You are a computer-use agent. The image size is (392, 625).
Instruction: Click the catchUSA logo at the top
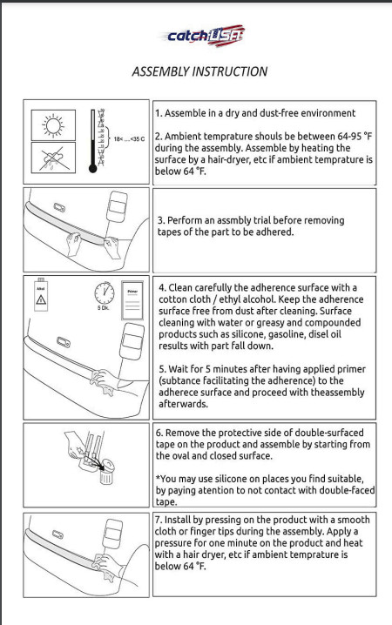203,36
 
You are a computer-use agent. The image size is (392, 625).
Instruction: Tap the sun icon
53,125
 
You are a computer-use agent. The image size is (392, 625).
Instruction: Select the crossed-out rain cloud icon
53,158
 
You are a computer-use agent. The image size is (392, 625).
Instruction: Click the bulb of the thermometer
93,169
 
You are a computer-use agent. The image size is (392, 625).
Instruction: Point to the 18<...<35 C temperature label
129,139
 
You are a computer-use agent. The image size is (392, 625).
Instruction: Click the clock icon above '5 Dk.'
104,293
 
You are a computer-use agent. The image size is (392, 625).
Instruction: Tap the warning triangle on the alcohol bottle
41,299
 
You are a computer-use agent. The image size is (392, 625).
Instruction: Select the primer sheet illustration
132,300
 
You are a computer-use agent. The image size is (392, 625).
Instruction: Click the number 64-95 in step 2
349,137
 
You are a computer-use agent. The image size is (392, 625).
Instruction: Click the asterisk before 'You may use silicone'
158,478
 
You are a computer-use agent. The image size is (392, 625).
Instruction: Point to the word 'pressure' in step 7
172,544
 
